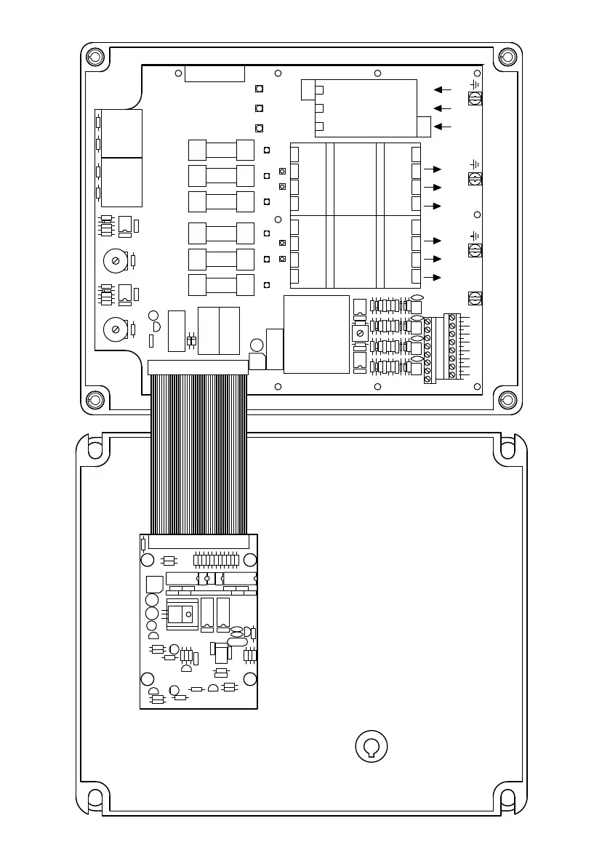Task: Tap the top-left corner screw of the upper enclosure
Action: tap(94, 57)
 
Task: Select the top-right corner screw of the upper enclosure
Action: tap(508, 57)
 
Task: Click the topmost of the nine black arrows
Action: tap(442, 89)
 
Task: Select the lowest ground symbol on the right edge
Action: tap(474, 235)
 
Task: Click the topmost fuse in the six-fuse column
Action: tap(221, 150)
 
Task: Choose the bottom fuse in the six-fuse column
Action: tap(221, 285)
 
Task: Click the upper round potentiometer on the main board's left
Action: tap(116, 260)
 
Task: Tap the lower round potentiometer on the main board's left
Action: tap(116, 329)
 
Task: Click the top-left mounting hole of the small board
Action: tap(148, 559)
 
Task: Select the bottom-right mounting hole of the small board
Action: tap(249, 678)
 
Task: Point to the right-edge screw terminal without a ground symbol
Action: tap(474, 298)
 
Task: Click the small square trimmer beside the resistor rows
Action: tap(360, 332)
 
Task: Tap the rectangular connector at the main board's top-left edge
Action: tap(214, 73)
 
